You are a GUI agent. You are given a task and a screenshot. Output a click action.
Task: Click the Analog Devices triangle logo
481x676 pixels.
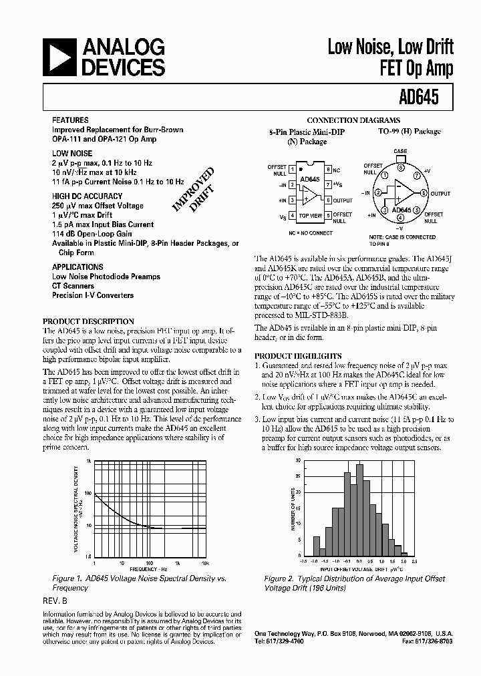61,57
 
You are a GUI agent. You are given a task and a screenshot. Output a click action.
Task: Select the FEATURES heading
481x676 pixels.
70,120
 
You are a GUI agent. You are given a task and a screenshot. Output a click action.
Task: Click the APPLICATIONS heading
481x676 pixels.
77,267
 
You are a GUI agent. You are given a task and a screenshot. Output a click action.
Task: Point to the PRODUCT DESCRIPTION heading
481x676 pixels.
88,321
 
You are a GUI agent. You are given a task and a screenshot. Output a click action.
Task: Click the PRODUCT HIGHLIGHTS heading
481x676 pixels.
298,356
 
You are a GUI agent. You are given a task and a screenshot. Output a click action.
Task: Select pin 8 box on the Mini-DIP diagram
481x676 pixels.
328,170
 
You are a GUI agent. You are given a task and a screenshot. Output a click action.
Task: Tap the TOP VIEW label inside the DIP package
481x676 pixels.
310,216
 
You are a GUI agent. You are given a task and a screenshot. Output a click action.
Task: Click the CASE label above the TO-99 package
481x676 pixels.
399,152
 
